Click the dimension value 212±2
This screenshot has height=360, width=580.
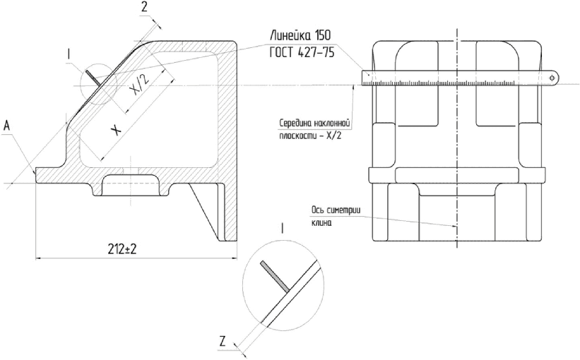coord(122,249)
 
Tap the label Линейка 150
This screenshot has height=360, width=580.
coord(300,35)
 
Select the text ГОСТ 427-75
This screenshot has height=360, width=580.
coord(302,52)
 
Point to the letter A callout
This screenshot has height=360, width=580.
coord(7,126)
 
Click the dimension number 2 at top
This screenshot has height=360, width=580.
coord(145,7)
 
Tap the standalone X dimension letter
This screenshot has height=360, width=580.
coord(116,130)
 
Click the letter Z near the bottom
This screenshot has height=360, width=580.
coord(222,342)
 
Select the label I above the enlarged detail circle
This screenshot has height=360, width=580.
coord(283,229)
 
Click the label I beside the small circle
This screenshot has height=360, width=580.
coord(69,54)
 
